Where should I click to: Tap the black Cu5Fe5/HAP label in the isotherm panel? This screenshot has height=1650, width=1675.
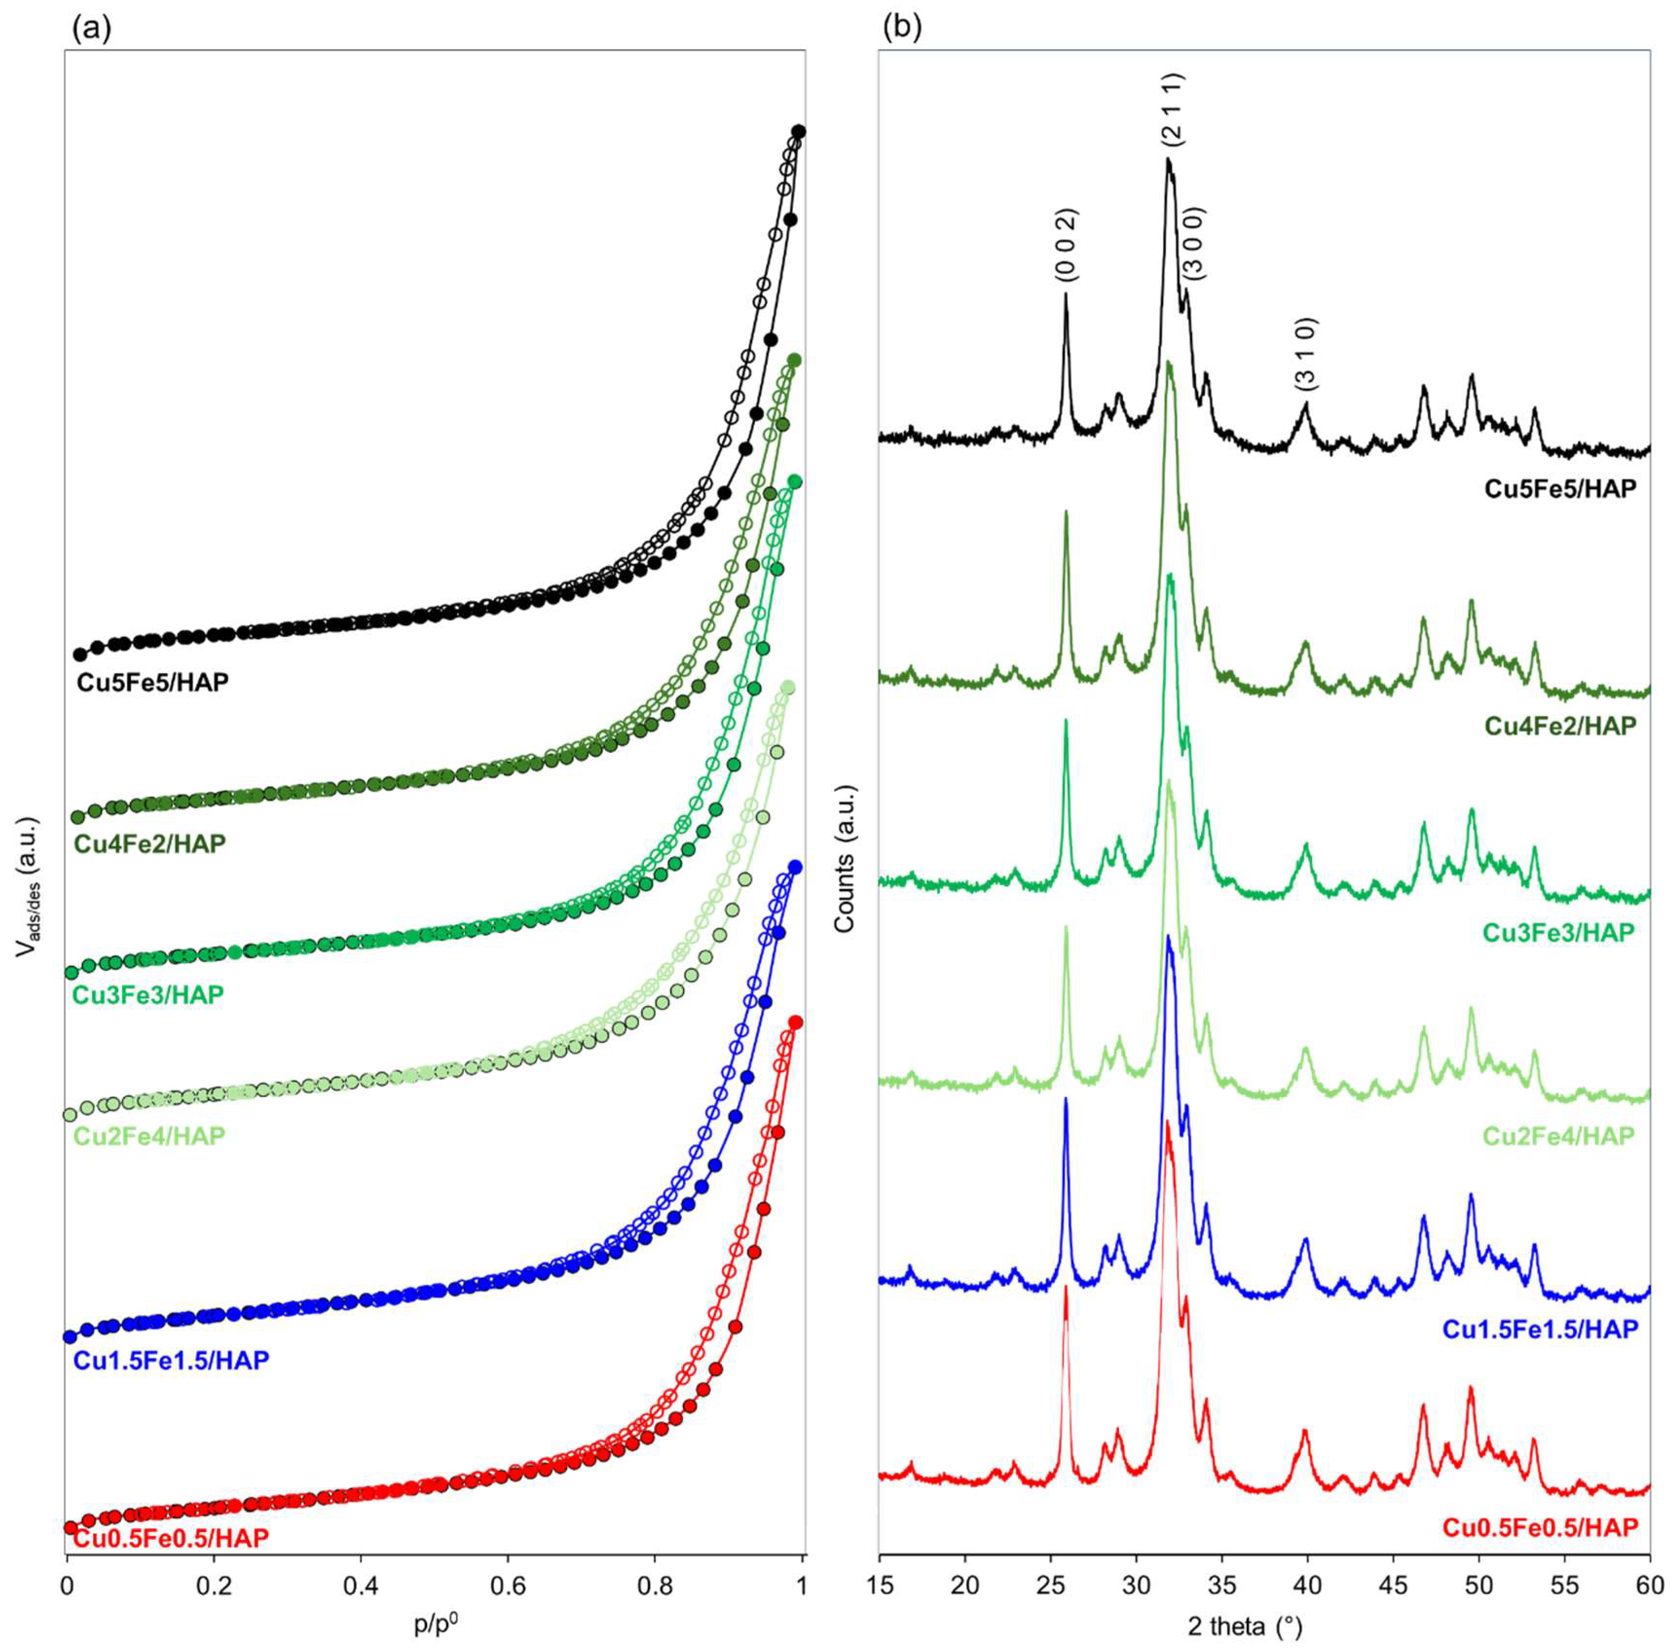coord(152,682)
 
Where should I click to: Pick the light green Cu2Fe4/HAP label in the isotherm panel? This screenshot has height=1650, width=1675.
coord(148,1135)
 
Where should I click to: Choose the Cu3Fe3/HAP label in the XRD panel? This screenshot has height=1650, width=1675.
coord(1558,932)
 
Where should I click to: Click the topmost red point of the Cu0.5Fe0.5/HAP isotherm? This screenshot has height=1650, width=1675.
coord(796,1023)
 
